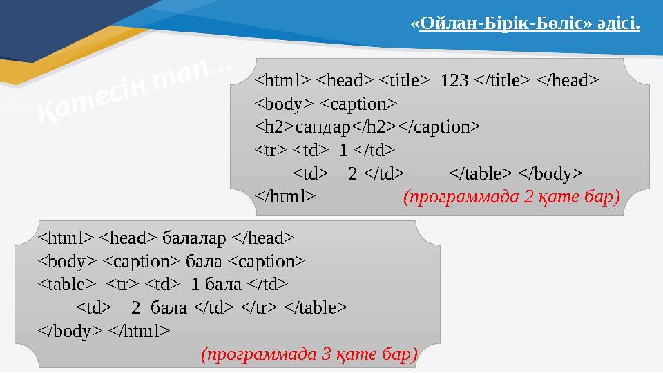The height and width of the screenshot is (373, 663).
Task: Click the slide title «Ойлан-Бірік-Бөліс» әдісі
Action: [x=526, y=26]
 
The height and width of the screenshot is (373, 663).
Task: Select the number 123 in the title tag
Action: [x=454, y=80]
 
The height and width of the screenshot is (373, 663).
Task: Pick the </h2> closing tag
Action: [x=373, y=126]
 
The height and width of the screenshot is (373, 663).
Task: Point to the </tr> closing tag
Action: [x=256, y=307]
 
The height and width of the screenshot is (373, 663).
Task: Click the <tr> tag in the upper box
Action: [x=271, y=150]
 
